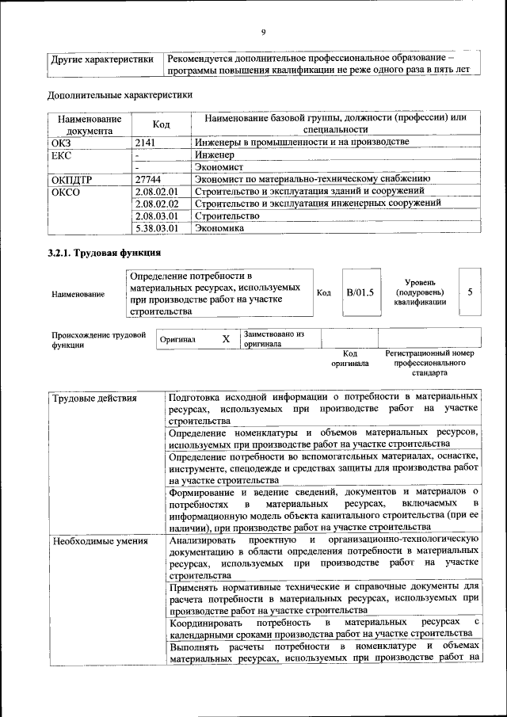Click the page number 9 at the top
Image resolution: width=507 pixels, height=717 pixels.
(x=263, y=32)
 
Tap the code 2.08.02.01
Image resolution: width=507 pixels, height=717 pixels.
(x=156, y=192)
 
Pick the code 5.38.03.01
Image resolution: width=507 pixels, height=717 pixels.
(x=156, y=228)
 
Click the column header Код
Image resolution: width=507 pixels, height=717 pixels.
(x=162, y=124)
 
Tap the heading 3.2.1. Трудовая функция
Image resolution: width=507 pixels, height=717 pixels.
(x=104, y=254)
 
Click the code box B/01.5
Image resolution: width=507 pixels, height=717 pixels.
(x=360, y=292)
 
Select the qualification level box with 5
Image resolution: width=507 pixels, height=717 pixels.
(x=470, y=292)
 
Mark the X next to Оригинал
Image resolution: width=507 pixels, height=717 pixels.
(x=226, y=339)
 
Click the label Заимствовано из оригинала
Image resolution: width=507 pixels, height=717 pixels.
(x=274, y=339)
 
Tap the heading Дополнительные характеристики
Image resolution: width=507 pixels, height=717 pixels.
(x=120, y=95)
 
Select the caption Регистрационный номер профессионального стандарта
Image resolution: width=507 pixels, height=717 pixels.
(x=429, y=362)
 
